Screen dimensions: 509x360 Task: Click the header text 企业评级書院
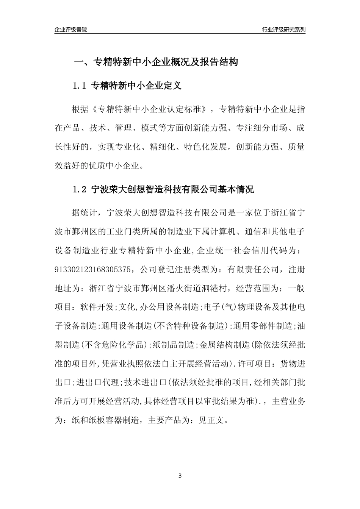(x=71, y=30)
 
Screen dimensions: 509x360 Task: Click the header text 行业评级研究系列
(x=283, y=30)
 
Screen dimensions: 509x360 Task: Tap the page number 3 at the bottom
(x=180, y=476)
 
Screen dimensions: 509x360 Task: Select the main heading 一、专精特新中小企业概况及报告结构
(x=155, y=62)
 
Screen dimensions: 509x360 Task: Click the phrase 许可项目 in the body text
(x=256, y=364)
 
